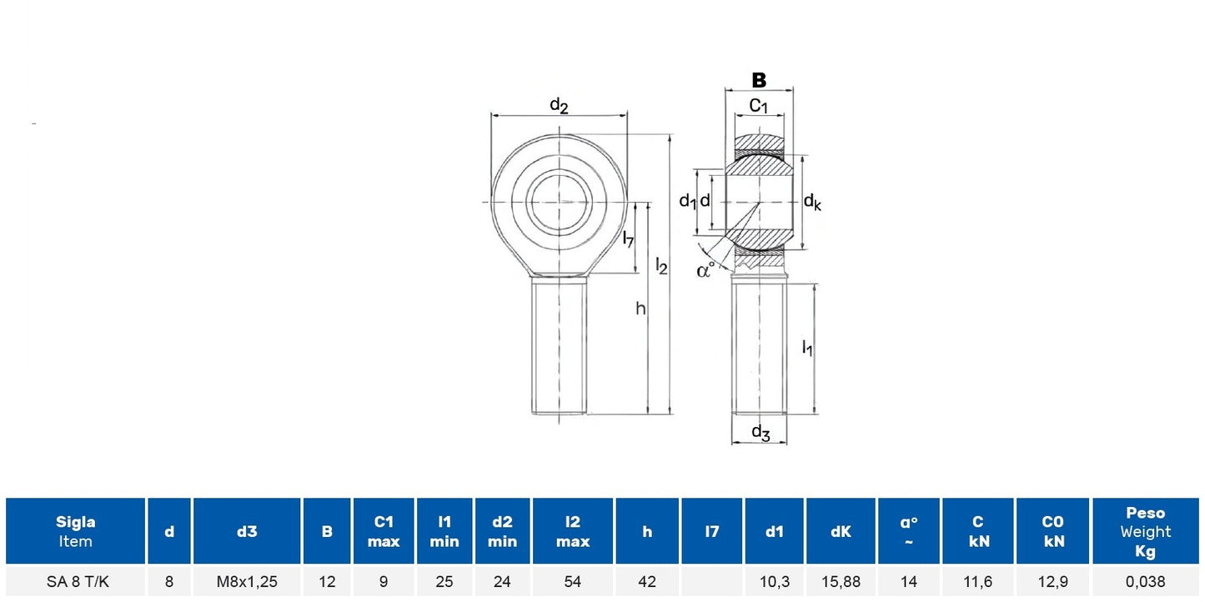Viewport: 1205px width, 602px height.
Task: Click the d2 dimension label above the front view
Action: tap(559, 105)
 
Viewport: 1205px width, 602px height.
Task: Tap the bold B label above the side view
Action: tap(759, 80)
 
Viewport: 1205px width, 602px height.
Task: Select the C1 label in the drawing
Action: tap(759, 106)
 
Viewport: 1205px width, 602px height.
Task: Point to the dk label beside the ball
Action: tap(812, 203)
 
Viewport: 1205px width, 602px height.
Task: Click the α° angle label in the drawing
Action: tap(705, 269)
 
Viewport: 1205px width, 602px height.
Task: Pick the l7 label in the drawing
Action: tap(628, 238)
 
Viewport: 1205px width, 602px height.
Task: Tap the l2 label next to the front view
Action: tap(661, 265)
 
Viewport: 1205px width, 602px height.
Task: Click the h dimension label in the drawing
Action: tap(640, 309)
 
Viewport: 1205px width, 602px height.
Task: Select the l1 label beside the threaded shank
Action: tap(807, 348)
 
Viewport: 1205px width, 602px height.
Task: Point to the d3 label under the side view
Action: tap(761, 432)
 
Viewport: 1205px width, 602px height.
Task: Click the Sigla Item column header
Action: tap(75, 531)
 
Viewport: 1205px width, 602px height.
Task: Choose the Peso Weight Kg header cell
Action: tap(1145, 531)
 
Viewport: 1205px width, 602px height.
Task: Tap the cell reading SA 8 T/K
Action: tap(78, 581)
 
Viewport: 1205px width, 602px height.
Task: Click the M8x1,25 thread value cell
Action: tap(247, 581)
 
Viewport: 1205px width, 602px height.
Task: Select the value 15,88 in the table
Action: tap(841, 581)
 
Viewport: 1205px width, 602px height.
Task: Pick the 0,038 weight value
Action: tap(1145, 581)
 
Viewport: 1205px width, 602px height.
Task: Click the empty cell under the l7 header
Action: tap(711, 581)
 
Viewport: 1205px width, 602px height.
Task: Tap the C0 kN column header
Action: tap(1052, 531)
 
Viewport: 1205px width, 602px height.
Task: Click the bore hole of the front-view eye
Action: tap(559, 203)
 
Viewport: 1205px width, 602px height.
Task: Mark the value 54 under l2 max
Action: tap(572, 581)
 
